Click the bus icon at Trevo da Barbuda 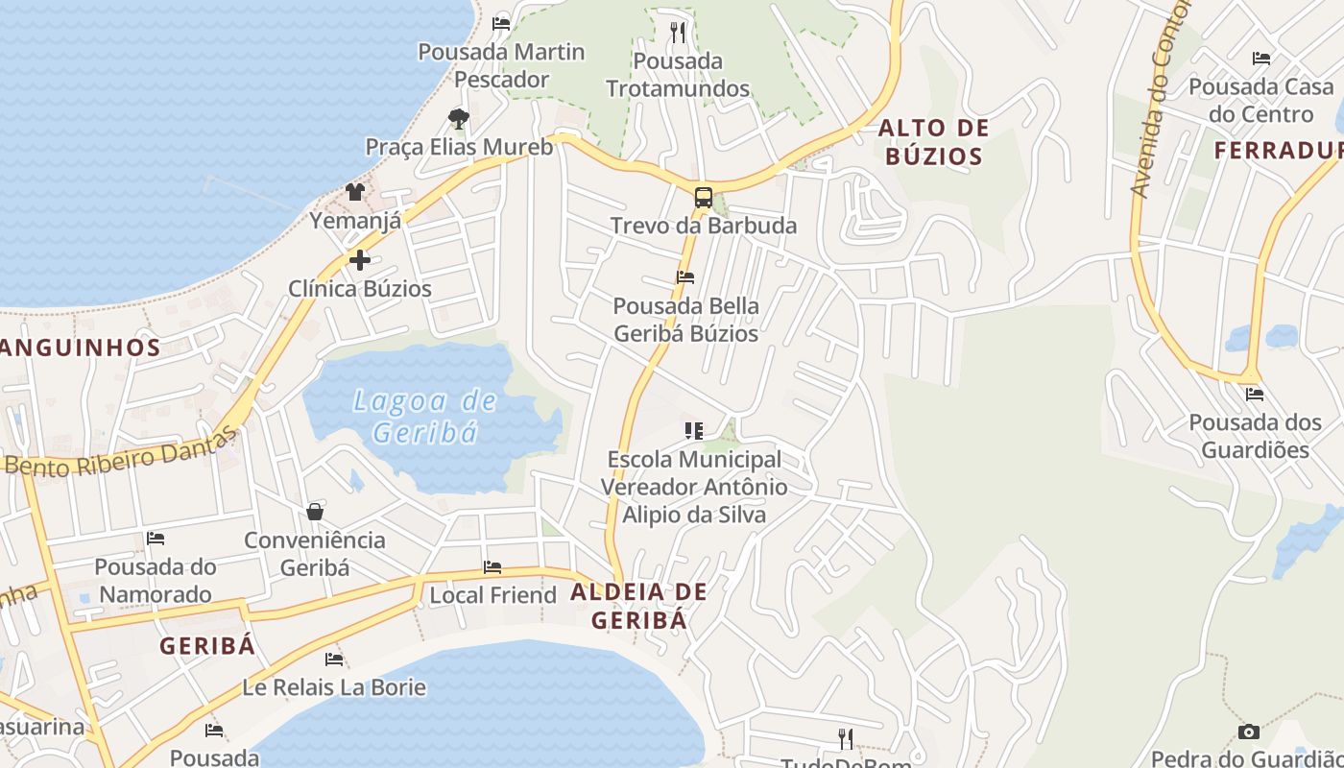click(704, 198)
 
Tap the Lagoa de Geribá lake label click(424, 416)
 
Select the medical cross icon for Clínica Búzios click(360, 260)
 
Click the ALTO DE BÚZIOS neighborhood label click(933, 142)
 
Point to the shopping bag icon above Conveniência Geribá click(314, 512)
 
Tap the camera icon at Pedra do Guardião click(1248, 732)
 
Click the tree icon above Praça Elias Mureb click(459, 119)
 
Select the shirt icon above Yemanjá click(355, 192)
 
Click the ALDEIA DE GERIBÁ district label click(639, 606)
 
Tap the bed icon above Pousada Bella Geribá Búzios click(685, 277)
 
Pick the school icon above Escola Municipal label click(693, 431)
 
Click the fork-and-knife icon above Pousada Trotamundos click(678, 33)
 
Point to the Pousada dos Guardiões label click(1255, 436)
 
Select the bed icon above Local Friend click(492, 567)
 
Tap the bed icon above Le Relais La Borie click(334, 660)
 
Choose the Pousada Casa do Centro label click(1261, 101)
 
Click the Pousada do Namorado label click(156, 580)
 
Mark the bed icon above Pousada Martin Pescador click(501, 23)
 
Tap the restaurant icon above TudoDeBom click(846, 738)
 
